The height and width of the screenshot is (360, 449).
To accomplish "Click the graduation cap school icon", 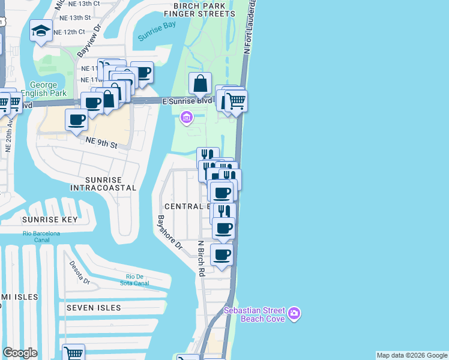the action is [x=41, y=31].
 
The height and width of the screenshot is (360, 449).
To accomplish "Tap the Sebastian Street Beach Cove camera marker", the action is [x=294, y=313].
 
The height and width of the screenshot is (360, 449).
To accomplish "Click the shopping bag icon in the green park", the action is [x=200, y=83].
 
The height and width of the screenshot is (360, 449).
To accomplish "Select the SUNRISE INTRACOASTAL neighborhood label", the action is [x=103, y=184].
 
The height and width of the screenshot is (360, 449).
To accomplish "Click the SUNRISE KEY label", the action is [x=50, y=220].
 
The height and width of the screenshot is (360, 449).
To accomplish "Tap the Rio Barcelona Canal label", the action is [x=41, y=237].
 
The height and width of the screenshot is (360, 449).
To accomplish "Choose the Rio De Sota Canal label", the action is [x=134, y=280].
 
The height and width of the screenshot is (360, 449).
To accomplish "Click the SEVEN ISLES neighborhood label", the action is [x=94, y=308].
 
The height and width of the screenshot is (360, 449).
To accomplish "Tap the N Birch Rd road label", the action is [x=202, y=259].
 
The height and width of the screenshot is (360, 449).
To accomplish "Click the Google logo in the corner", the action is [x=20, y=352].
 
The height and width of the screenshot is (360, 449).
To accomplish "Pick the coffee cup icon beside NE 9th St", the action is [x=77, y=119].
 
